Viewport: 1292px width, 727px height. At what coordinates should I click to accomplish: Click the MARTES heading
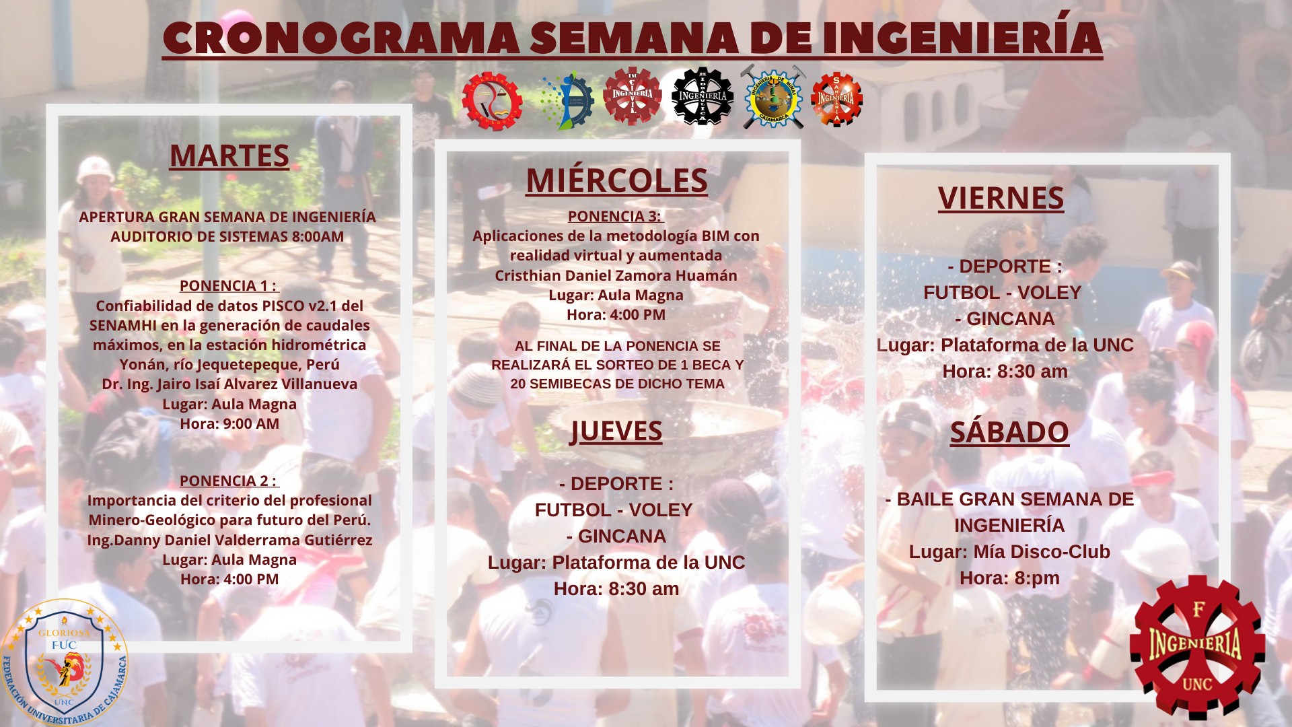(x=229, y=155)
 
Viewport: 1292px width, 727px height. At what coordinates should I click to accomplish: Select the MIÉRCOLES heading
(x=616, y=180)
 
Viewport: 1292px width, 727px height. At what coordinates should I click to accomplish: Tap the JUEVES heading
(x=616, y=431)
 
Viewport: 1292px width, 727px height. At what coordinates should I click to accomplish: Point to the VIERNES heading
(x=1001, y=198)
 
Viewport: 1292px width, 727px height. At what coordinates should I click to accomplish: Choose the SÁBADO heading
(x=1009, y=431)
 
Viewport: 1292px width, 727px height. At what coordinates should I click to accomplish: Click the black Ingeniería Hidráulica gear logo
(x=702, y=96)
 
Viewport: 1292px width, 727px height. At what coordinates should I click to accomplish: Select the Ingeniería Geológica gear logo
(x=492, y=101)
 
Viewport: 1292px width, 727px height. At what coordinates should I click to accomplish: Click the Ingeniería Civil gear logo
(x=633, y=96)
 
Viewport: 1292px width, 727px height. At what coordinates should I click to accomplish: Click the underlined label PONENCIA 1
(x=229, y=285)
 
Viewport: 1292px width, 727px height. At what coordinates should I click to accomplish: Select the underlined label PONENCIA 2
(x=229, y=481)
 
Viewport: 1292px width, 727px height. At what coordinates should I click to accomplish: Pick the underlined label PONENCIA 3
(x=616, y=216)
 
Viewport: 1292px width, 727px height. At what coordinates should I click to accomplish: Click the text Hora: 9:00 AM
(x=229, y=423)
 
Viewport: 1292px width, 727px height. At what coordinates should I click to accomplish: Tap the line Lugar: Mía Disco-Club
(x=1009, y=552)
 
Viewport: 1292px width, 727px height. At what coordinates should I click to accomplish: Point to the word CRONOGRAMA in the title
(x=341, y=38)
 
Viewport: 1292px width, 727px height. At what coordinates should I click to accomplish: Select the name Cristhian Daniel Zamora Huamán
(x=616, y=275)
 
